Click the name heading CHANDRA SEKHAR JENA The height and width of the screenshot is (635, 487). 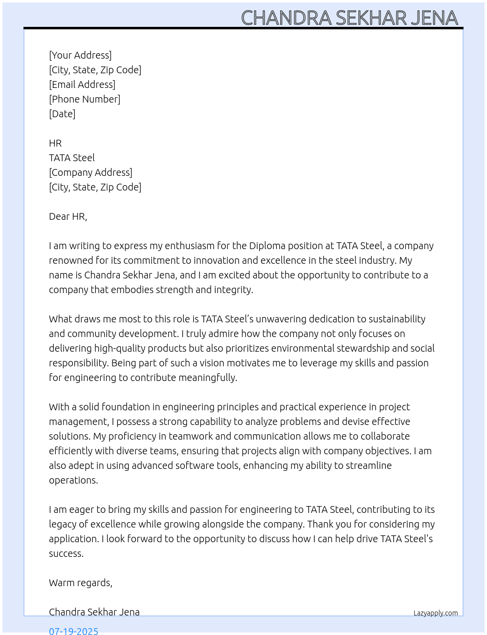coord(349,18)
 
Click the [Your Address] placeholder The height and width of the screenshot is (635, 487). coord(80,55)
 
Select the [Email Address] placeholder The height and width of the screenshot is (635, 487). coord(82,85)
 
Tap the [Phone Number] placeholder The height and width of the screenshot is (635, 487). coord(85,99)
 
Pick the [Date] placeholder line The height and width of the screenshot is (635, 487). coord(62,114)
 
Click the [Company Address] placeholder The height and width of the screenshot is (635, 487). coord(90,172)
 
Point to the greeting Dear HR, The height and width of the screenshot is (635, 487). coord(68,216)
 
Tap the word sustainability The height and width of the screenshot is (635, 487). coord(397,319)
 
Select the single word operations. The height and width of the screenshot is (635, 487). coord(73,480)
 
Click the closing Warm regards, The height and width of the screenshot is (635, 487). coord(81,583)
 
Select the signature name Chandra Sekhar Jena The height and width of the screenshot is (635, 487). coord(94,612)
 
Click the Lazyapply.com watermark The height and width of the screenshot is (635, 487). coord(436,613)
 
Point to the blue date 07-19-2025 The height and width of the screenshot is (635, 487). coord(74,631)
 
